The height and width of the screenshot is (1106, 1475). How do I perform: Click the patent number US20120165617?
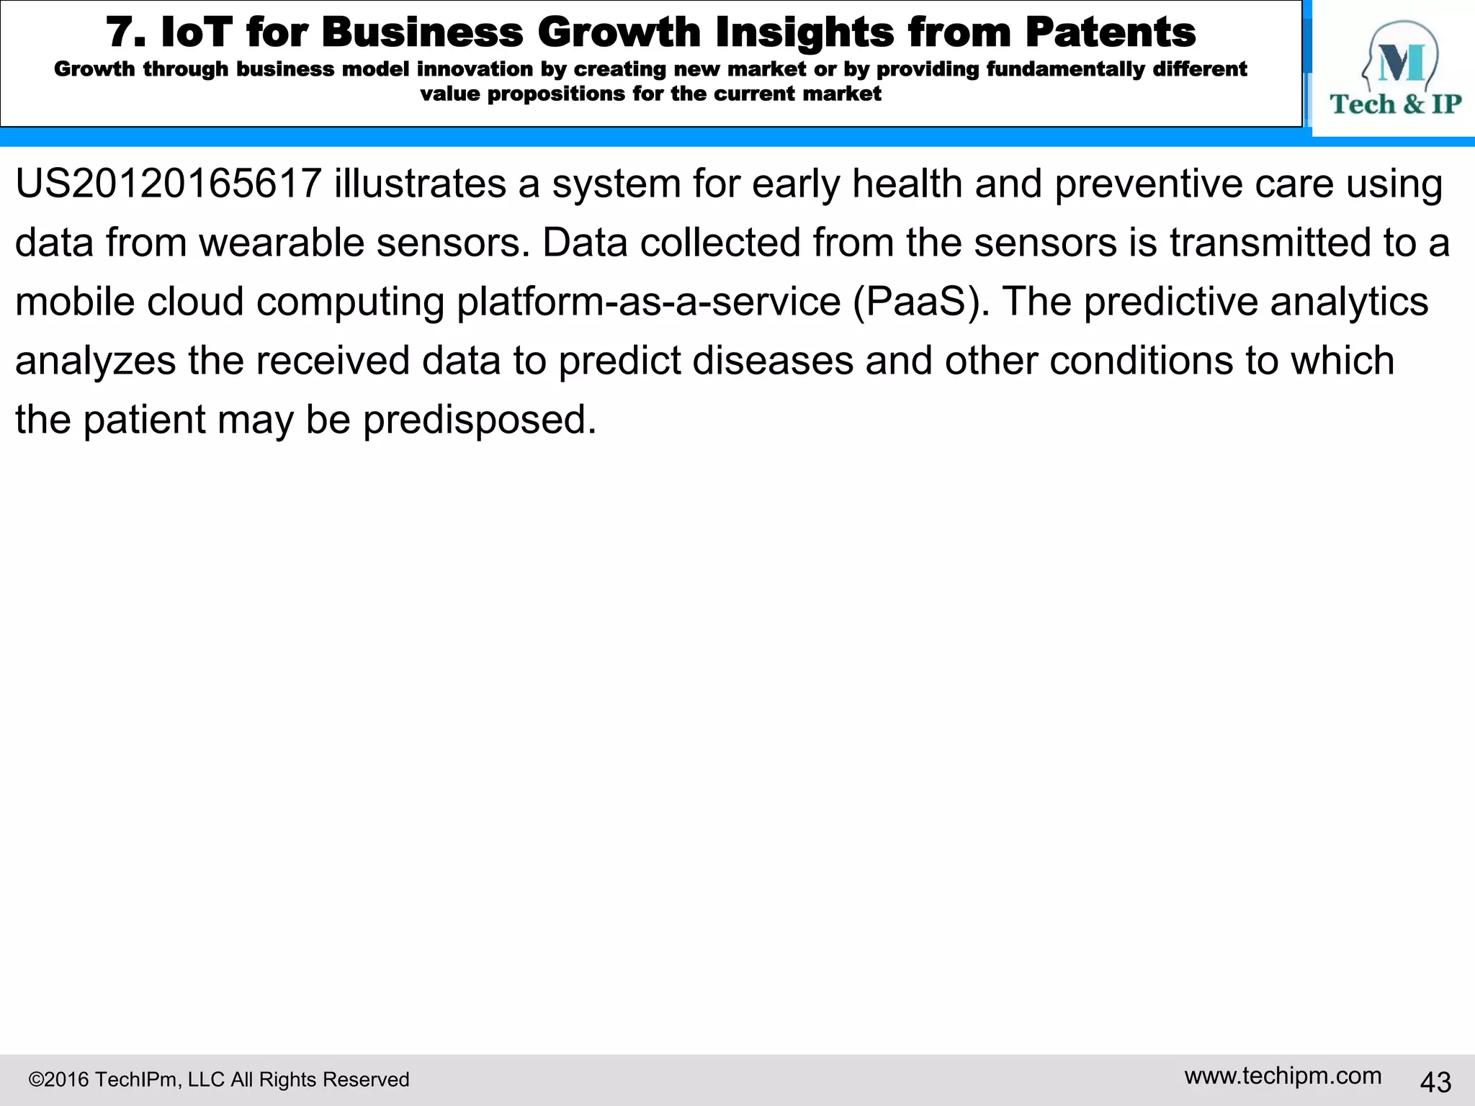[x=168, y=184]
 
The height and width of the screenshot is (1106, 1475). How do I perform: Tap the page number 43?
[x=1435, y=1082]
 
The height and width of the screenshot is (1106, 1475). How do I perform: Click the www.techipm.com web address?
[x=1283, y=1076]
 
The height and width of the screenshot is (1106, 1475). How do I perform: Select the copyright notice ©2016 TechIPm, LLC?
[x=218, y=1079]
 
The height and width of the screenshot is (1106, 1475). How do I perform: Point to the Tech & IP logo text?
[x=1395, y=105]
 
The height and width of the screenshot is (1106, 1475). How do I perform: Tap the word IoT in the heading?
[x=197, y=32]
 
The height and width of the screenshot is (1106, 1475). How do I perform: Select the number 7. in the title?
[x=126, y=32]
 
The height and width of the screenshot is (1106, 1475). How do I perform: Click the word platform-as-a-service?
[x=648, y=302]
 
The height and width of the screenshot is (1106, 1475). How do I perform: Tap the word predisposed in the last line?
[x=480, y=420]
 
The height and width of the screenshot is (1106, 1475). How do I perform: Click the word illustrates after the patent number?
[x=420, y=184]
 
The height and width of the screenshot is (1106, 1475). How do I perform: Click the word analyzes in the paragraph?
[x=95, y=361]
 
